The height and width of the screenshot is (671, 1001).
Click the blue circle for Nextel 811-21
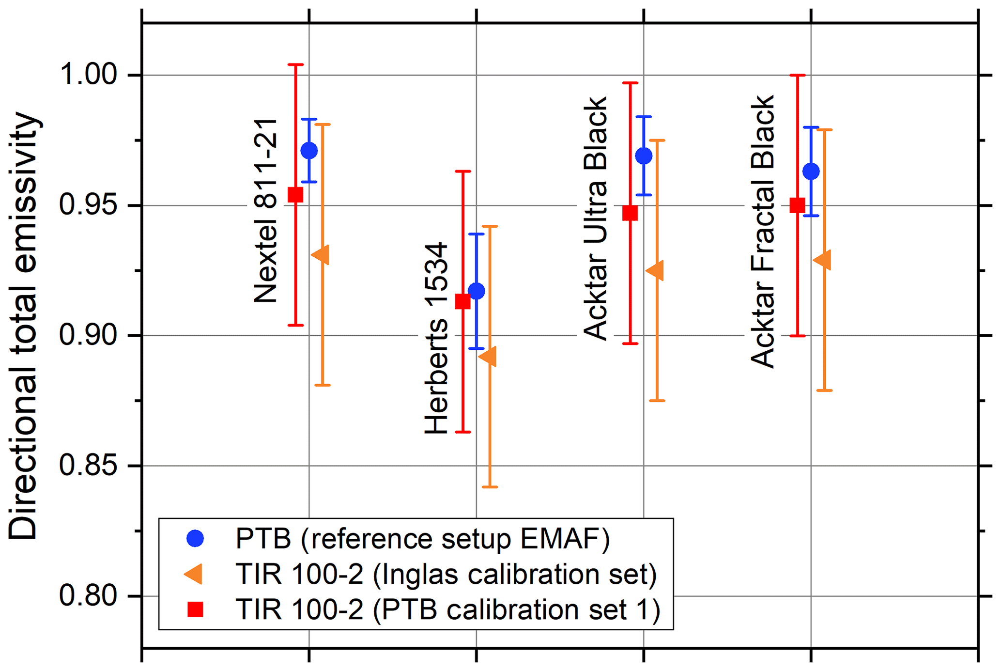coord(309,151)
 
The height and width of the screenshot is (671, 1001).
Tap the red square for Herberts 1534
coord(462,302)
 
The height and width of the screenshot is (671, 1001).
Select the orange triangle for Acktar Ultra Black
coord(656,270)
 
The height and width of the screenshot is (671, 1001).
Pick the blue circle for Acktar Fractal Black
coord(811,171)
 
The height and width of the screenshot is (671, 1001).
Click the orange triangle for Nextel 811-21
coord(321,254)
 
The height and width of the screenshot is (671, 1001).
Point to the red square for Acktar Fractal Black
coord(797,205)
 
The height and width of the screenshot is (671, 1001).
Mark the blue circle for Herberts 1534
coord(477,291)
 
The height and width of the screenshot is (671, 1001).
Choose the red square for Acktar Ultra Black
coord(630,213)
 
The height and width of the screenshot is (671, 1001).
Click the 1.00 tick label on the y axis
coord(88,75)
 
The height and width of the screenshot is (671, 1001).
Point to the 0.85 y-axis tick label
coord(88,466)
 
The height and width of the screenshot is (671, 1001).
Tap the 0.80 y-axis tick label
coord(88,595)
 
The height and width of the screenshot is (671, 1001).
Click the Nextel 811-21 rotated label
coord(265,211)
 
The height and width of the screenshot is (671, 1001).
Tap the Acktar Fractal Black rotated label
coord(763,232)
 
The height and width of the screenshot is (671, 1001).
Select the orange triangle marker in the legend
coord(194,574)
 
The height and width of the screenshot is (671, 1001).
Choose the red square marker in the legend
coord(195,609)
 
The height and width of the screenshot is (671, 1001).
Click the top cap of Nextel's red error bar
coord(295,64)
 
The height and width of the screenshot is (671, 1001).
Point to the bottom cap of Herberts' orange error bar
coord(490,487)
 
